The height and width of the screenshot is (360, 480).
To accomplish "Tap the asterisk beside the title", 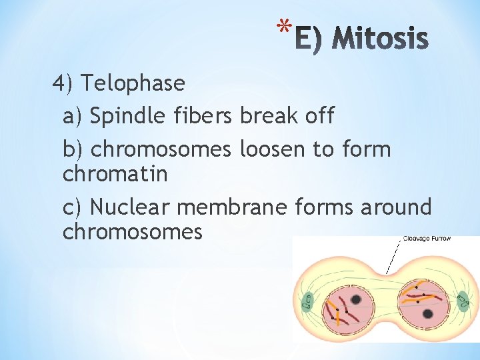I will point(285,29).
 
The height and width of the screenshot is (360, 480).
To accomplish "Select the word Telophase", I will point(133,84).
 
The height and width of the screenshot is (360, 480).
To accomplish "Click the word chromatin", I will point(115,175).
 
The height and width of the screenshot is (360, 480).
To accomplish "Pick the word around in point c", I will point(396,207).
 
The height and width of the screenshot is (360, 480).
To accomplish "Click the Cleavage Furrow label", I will point(427,238).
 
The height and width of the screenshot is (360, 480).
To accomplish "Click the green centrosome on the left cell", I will point(307,302).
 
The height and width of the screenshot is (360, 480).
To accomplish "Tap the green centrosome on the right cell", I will point(462,301).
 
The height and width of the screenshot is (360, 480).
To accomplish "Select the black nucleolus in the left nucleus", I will point(356,300).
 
